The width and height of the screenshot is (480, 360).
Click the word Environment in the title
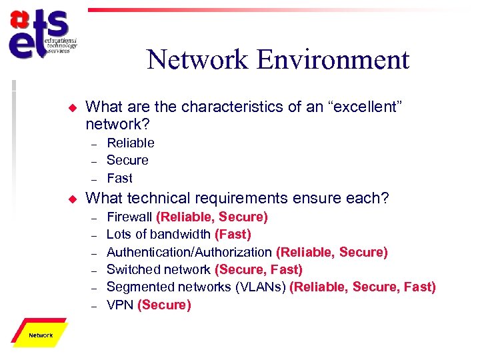pos(333,60)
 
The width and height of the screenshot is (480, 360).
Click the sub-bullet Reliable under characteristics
pos(131,143)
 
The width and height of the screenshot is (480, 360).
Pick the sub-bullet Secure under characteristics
pos(127,160)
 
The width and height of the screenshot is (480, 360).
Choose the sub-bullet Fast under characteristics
pos(120,178)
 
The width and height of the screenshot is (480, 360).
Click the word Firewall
pos(129,217)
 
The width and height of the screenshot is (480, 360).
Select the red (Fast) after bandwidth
pos(233,234)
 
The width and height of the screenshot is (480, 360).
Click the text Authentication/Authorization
pos(189,252)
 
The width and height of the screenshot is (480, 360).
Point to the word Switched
pos(131,269)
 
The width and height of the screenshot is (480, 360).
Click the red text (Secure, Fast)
pos(259,269)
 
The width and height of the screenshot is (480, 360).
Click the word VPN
pos(119,305)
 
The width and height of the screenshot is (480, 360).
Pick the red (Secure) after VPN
pos(164,305)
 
